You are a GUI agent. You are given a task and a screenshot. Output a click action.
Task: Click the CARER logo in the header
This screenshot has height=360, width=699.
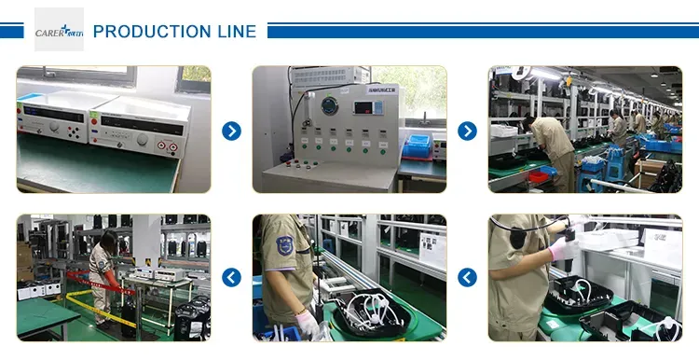click(59, 30)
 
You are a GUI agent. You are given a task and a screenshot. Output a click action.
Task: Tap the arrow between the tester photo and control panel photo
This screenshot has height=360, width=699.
click(231, 131)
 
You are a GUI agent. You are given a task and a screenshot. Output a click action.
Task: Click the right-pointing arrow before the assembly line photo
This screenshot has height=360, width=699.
click(467, 131)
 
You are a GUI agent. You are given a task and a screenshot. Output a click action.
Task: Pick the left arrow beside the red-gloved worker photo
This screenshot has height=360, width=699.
click(231, 277)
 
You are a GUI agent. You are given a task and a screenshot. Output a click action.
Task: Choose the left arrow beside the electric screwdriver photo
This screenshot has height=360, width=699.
click(467, 277)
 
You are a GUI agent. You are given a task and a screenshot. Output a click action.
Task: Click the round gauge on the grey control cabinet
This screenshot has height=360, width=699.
click(326, 107)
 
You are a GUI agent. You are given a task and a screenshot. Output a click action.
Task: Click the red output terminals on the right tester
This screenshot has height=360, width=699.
click(169, 145)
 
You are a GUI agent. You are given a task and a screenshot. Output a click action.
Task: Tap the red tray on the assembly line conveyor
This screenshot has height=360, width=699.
click(538, 173)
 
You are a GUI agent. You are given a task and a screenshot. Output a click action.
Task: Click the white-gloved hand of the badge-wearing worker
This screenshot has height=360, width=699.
click(307, 325)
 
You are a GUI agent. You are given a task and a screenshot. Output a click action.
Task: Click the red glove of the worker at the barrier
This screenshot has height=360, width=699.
click(113, 280)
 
